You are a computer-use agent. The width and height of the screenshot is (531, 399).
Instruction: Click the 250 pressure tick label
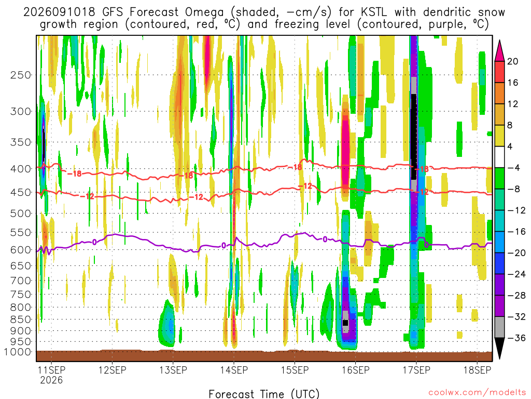coord(20,75)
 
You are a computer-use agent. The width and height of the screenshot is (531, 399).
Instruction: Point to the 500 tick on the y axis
coord(20,214)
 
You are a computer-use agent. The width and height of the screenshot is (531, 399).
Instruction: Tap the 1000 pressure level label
coord(17,352)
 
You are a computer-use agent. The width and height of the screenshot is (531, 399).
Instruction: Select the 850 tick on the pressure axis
coord(20,320)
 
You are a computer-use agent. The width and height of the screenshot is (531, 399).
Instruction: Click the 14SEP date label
coord(234,370)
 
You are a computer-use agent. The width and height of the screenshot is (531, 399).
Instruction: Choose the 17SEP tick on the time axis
coord(416,370)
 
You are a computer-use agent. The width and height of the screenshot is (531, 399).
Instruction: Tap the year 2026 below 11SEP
coord(51,380)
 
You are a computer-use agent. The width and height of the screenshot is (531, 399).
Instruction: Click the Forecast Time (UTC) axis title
coord(264,394)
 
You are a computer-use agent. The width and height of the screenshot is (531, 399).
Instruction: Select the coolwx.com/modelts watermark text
coord(477,393)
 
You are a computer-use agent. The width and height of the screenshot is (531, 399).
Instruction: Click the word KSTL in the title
coord(373,12)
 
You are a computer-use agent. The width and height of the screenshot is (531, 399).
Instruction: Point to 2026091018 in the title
coord(59,12)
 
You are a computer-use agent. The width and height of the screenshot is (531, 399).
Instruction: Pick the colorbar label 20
coord(512,61)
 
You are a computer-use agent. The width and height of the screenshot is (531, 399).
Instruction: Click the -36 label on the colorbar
coord(516,338)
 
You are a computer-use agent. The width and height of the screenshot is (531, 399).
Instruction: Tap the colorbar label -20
coord(516,253)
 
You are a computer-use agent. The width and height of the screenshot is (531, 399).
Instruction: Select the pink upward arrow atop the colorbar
coord(499,50)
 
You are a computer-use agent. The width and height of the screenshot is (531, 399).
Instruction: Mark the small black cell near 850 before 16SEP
coord(345,323)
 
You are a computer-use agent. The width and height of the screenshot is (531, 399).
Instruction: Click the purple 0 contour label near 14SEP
coord(223,245)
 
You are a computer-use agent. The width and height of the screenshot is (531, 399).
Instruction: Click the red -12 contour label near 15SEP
coord(305,186)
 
